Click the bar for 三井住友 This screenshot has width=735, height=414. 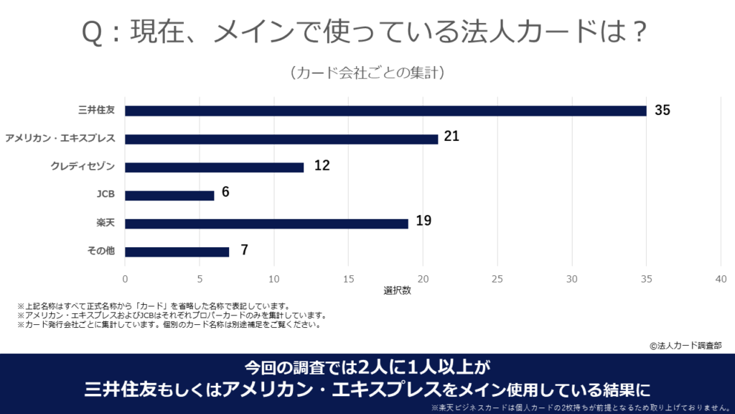click(385, 111)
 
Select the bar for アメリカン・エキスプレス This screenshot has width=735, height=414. click(281, 139)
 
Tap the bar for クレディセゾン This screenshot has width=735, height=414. click(214, 167)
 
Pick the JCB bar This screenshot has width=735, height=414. click(169, 195)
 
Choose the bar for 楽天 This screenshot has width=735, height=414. click(266, 224)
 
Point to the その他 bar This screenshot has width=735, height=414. click(177, 252)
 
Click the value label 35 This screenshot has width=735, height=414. click(662, 110)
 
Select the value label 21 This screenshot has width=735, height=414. click(451, 136)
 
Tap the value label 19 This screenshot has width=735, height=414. click(423, 221)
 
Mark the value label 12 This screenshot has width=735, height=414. click(322, 165)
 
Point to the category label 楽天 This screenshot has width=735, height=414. click(106, 224)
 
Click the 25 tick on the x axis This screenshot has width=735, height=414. click(497, 279)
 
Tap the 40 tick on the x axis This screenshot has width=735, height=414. click(721, 279)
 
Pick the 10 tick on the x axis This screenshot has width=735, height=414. click(274, 279)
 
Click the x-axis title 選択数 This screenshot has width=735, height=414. click(397, 291)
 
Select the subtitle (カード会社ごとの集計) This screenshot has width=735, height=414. click(367, 73)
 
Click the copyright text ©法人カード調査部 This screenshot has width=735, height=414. click(685, 345)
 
